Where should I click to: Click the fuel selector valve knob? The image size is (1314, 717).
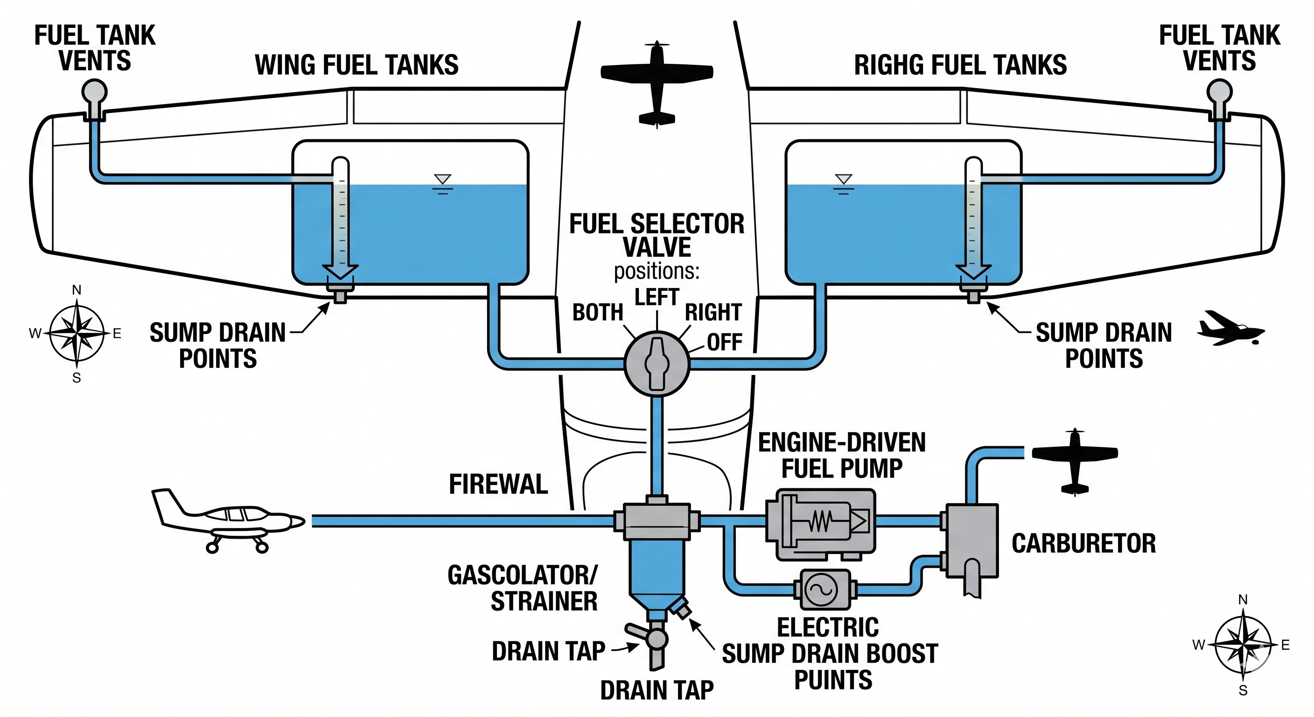click(657, 363)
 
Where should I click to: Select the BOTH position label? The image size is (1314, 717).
click(598, 312)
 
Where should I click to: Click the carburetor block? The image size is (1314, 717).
click(972, 541)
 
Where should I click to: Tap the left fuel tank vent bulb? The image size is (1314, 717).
click(94, 92)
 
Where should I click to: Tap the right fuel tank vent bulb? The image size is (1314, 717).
click(1220, 92)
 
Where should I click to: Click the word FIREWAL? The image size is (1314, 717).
click(498, 484)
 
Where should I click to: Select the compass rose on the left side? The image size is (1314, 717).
click(77, 334)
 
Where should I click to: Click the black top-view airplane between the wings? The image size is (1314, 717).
click(657, 84)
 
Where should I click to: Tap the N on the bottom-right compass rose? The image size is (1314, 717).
click(1243, 600)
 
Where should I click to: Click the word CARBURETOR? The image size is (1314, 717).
click(1083, 543)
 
